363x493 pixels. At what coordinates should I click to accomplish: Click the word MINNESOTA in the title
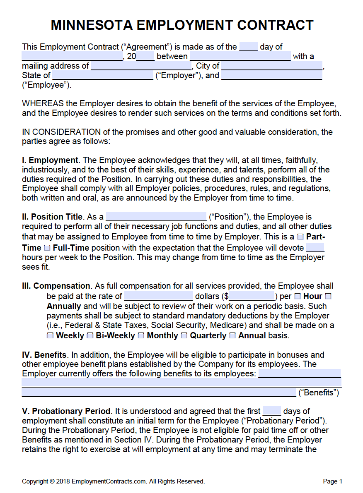coord(92,25)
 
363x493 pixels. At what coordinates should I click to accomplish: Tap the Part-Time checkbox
coord(300,237)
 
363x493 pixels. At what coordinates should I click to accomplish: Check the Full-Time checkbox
coord(47,248)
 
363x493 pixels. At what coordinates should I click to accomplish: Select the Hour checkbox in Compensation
coord(298,296)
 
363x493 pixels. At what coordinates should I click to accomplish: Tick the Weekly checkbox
coord(50,335)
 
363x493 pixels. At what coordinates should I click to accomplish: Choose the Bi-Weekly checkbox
coord(90,335)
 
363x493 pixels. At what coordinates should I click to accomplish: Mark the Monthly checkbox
coord(141,335)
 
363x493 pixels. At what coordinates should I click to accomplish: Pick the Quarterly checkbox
coord(184,335)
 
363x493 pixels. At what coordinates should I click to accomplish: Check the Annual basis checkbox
coord(232,335)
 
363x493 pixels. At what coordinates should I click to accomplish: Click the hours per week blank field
coord(315,248)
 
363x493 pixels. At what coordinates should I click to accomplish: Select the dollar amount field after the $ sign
coord(252,296)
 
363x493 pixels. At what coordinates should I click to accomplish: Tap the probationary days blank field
coord(272,411)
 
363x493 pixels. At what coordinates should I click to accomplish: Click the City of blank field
coord(272,66)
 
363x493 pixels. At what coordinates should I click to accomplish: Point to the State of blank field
coord(103,75)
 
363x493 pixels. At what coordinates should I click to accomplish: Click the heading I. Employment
coord(50,160)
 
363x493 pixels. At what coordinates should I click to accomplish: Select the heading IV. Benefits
coord(44,355)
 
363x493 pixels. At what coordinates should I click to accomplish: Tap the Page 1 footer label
coord(332,481)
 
